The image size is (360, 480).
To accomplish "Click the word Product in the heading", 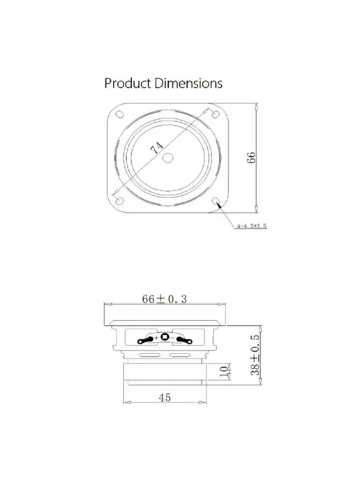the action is coord(128,83).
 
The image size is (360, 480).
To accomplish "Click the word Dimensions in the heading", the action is coord(188,83).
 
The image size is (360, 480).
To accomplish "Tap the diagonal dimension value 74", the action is coord(157,148).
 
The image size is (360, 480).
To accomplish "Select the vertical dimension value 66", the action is coord(251,158).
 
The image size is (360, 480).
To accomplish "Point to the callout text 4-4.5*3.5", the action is coord(252,226).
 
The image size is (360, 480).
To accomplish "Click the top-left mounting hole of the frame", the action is coord(120,114).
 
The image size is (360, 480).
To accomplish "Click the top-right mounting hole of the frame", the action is coord(216,114).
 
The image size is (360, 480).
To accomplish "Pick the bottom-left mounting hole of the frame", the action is coord(120,201).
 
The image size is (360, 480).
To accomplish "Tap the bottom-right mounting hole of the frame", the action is coord(216,201).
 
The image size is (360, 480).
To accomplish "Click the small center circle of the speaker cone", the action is coord(167,158).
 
